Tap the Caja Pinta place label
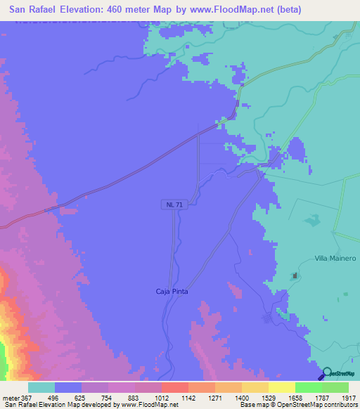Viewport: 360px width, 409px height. coord(172,291)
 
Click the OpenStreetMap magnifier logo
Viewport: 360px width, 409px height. coord(328,373)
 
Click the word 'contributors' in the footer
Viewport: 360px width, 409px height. coord(340,405)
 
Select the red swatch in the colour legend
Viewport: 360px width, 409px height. coord(174,387)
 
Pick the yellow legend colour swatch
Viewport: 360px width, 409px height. coord(281,387)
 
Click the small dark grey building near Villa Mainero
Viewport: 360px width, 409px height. coord(296,275)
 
